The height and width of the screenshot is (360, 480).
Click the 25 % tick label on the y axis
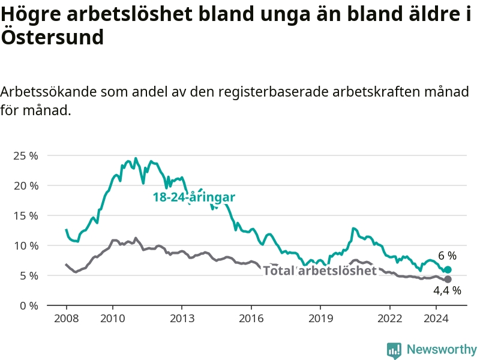pos(26,156)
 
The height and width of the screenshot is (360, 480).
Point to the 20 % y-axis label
pos(26,186)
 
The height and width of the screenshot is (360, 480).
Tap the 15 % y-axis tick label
pos(26,216)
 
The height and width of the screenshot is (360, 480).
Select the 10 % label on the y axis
pos(26,246)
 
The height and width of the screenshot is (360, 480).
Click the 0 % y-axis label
pos(29,306)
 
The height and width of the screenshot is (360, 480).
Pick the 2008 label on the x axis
pos(67,319)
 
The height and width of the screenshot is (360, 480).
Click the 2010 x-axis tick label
pos(113,319)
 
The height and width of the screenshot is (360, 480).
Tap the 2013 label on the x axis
pos(182,319)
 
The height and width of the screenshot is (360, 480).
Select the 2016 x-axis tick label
pos(251,319)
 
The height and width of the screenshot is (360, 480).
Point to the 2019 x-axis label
pos(320,319)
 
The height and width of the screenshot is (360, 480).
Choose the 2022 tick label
pos(389,319)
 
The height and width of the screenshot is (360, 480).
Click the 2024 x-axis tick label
pos(436,319)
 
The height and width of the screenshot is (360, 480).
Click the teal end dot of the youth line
pos(448,269)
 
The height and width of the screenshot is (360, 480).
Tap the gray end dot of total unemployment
pos(448,279)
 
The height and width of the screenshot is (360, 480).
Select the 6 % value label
pos(447,256)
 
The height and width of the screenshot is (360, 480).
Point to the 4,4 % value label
pos(447,290)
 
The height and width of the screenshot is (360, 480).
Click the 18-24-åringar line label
pos(194,197)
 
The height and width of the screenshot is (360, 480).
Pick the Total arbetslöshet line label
pos(320,271)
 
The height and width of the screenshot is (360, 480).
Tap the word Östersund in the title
pos(52,37)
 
